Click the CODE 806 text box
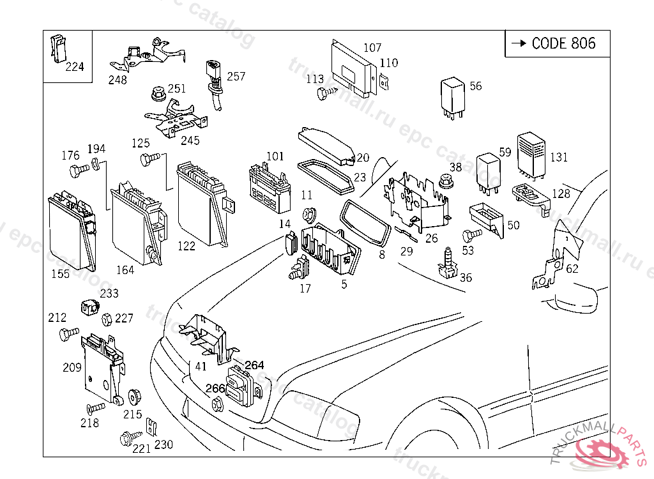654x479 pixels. tap(557, 43)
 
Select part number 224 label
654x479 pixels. tap(74, 66)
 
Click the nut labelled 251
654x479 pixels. tap(156, 95)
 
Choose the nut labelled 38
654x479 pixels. tap(445, 181)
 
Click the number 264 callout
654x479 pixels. tap(254, 365)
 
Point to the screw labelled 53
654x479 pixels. tap(471, 235)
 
